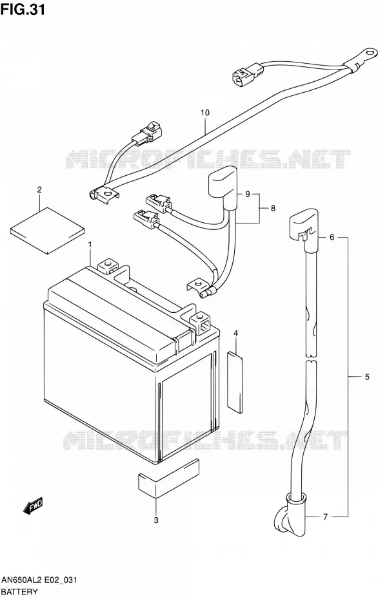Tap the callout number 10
(x=205, y=113)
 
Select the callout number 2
(x=39, y=189)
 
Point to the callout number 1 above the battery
(x=90, y=244)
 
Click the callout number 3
(x=156, y=520)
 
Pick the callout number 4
(x=236, y=334)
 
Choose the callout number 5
(x=367, y=377)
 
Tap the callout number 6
(x=332, y=237)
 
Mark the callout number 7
(x=325, y=517)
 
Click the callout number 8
(x=273, y=209)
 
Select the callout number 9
(x=248, y=195)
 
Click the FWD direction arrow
(x=34, y=506)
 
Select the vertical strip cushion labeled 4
(x=235, y=383)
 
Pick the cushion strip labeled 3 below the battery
(x=168, y=478)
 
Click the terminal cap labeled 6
(x=303, y=227)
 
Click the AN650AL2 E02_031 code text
(x=39, y=580)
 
